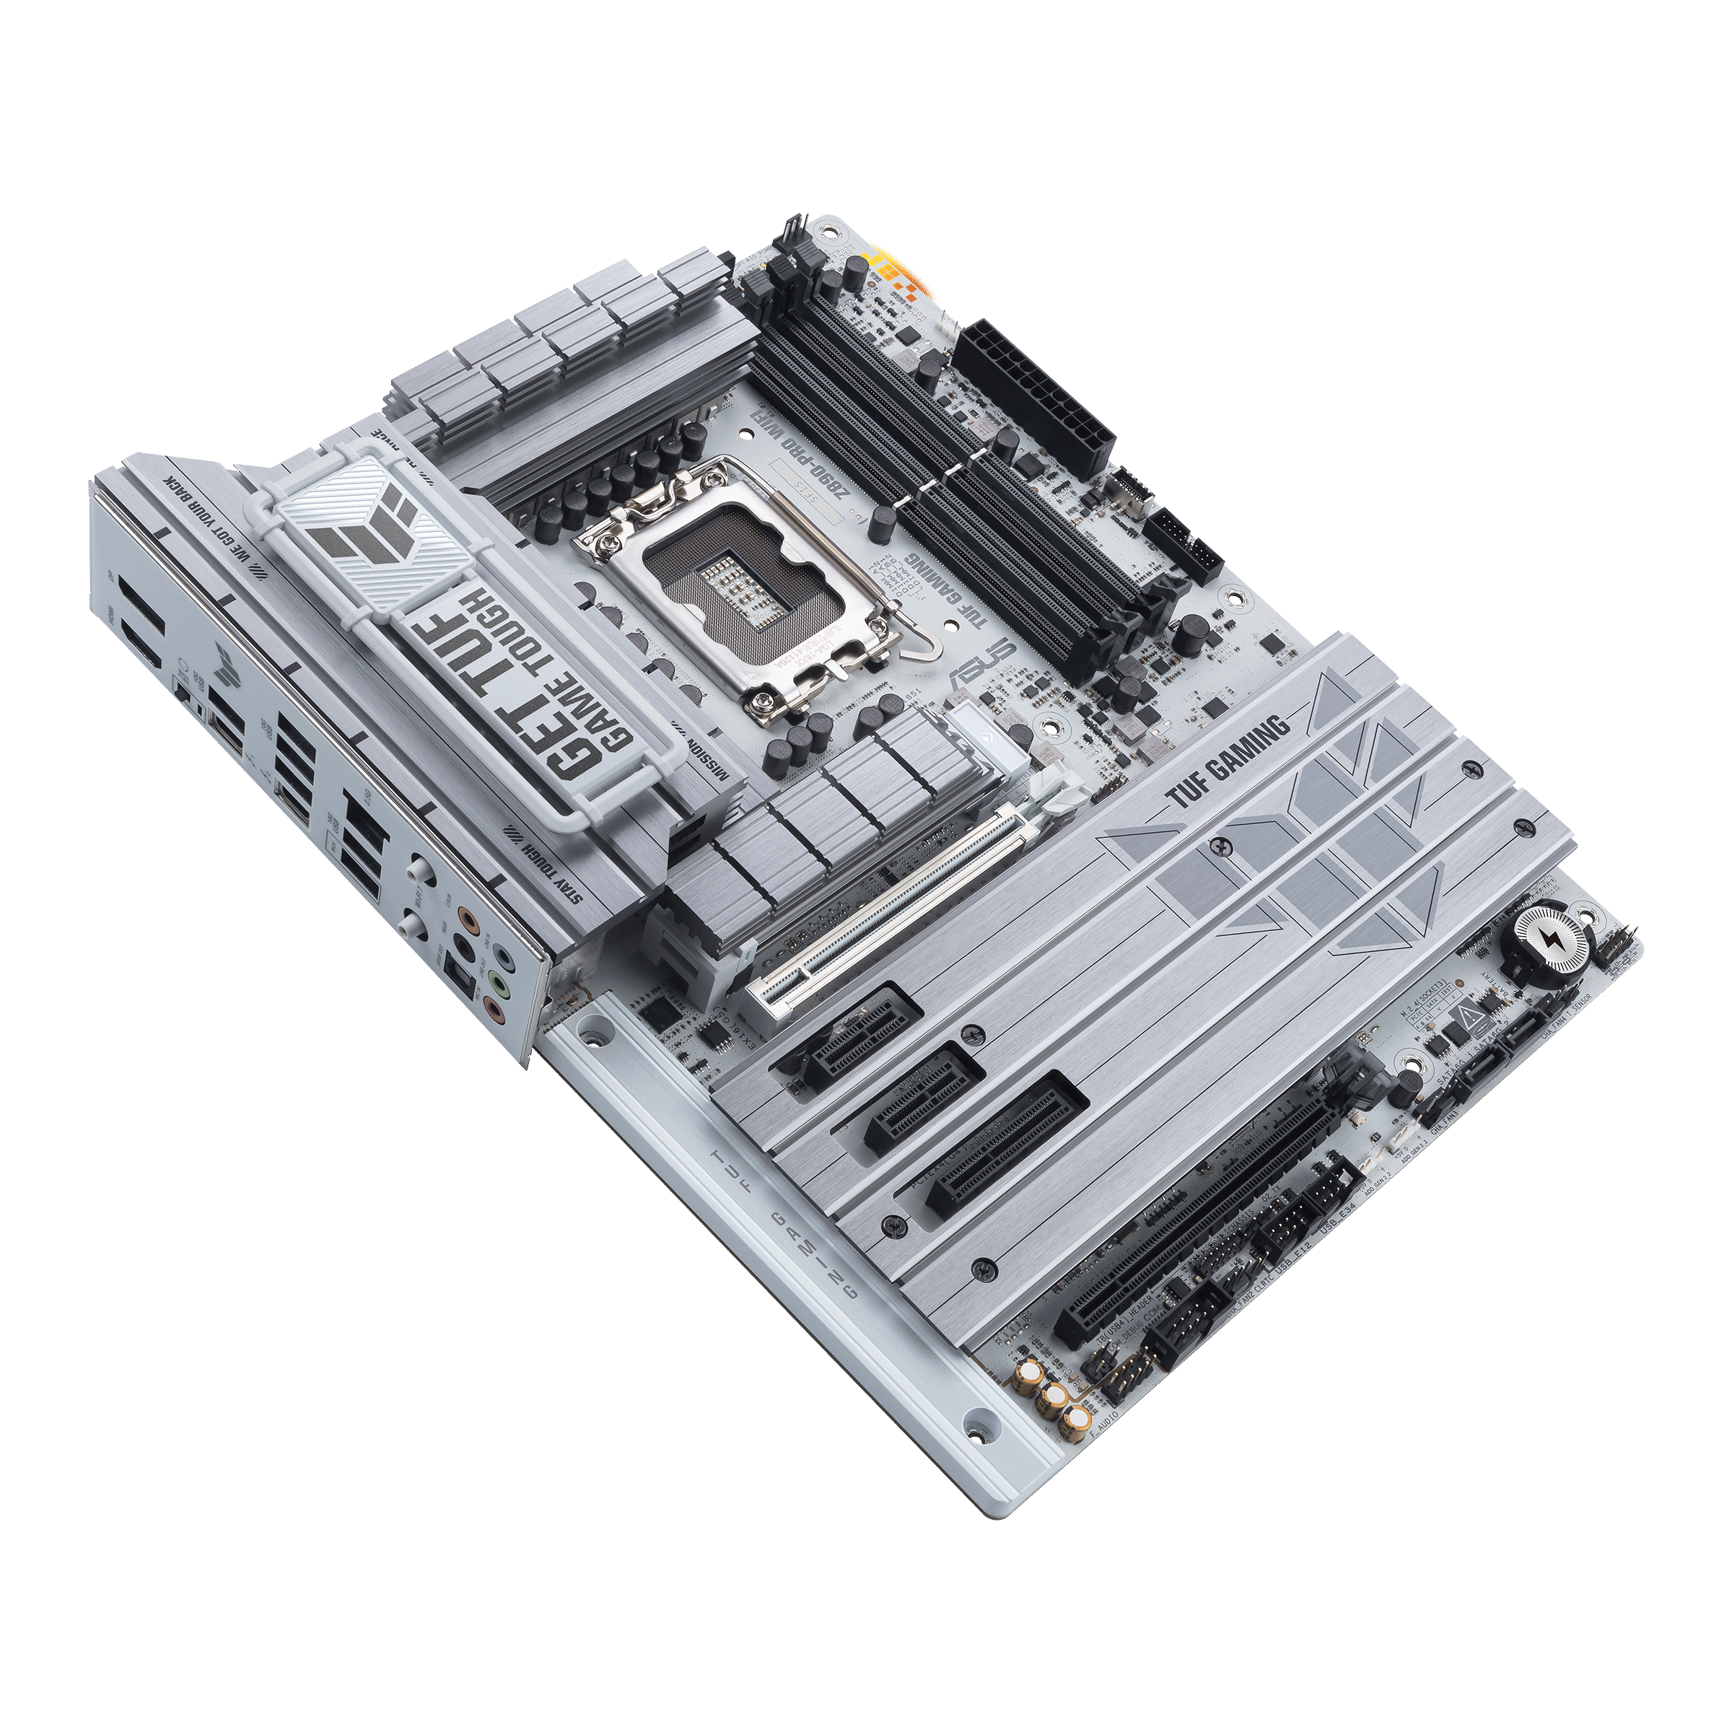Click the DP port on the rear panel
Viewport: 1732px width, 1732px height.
coord(144,600)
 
